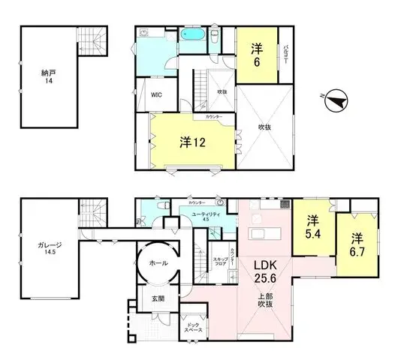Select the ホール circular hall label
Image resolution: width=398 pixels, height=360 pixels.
[158, 263]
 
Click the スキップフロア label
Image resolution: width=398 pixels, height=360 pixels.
[219, 262]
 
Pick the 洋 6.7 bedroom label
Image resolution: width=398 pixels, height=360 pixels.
[355, 245]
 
